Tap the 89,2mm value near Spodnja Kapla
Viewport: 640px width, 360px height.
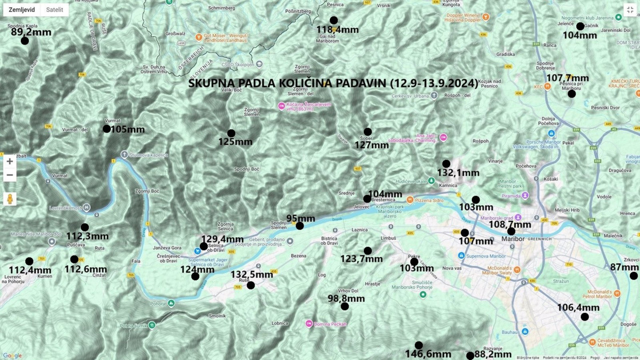[x=31, y=32]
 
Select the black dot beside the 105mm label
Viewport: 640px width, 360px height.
[x=106, y=129]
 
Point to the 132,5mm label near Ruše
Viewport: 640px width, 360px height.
[x=251, y=274]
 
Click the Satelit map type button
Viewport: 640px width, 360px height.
[x=54, y=10]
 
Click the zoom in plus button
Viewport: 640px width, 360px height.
[x=9, y=161]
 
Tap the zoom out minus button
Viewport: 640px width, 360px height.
[x=9, y=175]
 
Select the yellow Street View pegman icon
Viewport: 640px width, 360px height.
[x=9, y=198]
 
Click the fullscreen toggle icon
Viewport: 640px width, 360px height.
[x=630, y=10]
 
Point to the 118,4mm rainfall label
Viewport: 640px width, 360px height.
[x=337, y=29]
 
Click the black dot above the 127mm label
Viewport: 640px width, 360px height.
[x=367, y=132]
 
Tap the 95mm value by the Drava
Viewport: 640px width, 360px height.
[x=300, y=218]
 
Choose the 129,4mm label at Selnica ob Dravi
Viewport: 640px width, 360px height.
[x=222, y=239]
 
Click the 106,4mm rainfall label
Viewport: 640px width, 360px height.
[x=578, y=307]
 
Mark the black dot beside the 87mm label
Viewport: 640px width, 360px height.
[x=633, y=276]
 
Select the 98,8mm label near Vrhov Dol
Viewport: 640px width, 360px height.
[x=346, y=298]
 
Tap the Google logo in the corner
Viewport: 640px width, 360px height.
[x=12, y=355]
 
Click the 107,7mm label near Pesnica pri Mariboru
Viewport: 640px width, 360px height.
[x=567, y=78]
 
